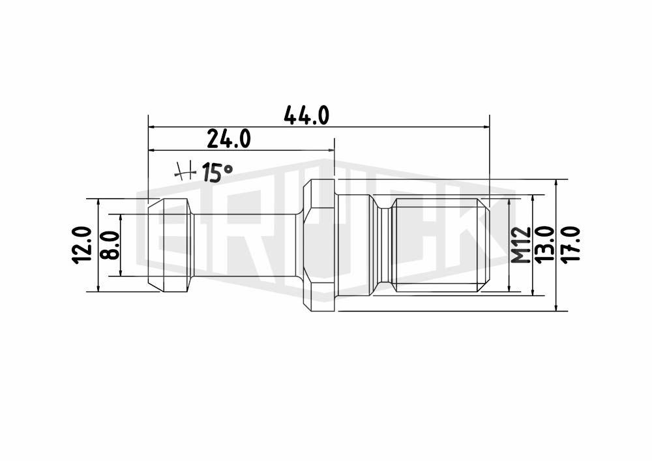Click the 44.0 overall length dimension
[306, 115]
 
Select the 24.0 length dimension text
[229, 139]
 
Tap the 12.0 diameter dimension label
[81, 245]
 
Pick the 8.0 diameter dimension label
[110, 245]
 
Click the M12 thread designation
[520, 245]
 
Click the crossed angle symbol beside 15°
[185, 171]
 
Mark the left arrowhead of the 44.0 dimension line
[152, 126]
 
